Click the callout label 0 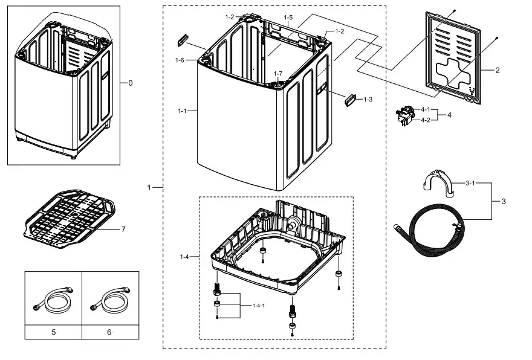click(130, 83)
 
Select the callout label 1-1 click(183, 111)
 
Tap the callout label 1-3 click(368, 99)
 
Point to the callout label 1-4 click(184, 257)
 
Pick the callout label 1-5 click(288, 18)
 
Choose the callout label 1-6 click(180, 60)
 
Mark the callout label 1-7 click(277, 74)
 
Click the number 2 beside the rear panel click(497, 70)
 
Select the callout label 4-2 click(426, 120)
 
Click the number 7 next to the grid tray click(123, 229)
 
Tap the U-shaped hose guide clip click(435, 184)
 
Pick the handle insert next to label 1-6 click(183, 41)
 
